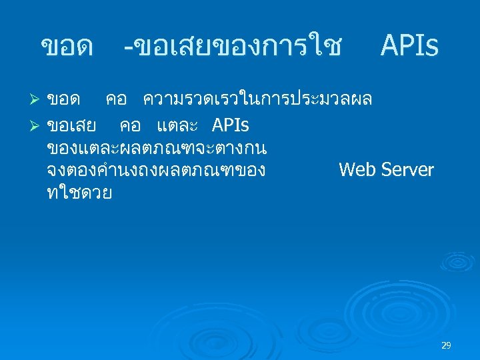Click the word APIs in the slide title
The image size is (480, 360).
[409, 47]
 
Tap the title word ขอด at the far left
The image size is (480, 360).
[67, 47]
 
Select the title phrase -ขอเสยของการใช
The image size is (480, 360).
[233, 47]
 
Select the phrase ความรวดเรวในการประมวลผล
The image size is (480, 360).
[257, 100]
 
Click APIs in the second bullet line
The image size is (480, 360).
[231, 125]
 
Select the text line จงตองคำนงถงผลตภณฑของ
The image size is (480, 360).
[157, 170]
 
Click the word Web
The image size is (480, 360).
[357, 170]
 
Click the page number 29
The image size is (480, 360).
[446, 345]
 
